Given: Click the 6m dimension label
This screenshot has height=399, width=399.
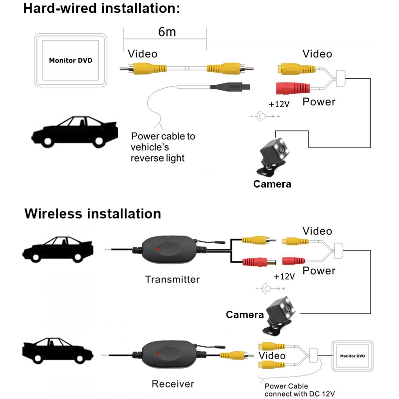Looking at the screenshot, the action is (x=167, y=32).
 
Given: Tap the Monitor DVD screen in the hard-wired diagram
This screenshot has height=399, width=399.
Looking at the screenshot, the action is (x=70, y=60).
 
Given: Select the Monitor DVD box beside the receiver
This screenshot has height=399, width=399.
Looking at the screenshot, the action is (x=353, y=356).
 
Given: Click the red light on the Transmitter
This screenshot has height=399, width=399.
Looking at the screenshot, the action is (x=158, y=249).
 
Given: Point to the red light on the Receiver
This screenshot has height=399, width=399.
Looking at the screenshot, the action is (x=158, y=354).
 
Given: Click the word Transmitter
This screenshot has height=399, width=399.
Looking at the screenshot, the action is (x=172, y=279).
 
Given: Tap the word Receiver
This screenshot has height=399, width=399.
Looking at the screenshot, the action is (x=173, y=384).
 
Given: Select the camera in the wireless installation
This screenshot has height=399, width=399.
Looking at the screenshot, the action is (x=279, y=316).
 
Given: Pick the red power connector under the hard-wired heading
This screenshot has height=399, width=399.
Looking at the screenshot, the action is (x=293, y=88).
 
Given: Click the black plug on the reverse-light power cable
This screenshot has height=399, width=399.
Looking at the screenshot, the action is (x=230, y=87).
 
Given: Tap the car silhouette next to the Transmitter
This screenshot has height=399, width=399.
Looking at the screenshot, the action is (x=58, y=250).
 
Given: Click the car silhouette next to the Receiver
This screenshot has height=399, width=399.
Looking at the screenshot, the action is (x=58, y=351).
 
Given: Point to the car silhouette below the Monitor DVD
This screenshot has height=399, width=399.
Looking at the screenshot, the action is (x=74, y=132).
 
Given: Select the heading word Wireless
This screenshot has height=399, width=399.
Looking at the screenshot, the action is (x=53, y=213).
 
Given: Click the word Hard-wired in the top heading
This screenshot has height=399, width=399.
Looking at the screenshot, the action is (x=60, y=8).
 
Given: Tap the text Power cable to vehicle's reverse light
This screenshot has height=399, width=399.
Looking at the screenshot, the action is (x=163, y=147).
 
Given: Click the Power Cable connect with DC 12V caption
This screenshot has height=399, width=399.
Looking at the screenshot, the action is (x=300, y=390).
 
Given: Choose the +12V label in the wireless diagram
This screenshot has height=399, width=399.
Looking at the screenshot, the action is (x=284, y=276).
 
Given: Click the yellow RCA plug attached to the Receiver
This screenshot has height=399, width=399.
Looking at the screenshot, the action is (x=236, y=355).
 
